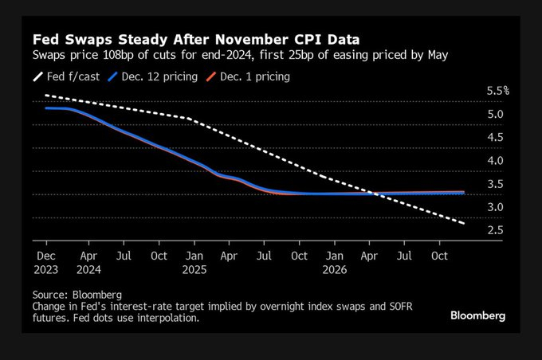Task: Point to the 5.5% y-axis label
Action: pyautogui.click(x=497, y=91)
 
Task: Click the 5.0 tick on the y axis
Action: pyautogui.click(x=495, y=114)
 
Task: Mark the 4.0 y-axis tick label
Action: pyautogui.click(x=495, y=161)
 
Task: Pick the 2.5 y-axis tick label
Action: pyautogui.click(x=495, y=230)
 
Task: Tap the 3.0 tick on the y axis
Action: pyautogui.click(x=495, y=207)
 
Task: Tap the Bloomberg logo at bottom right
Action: pyautogui.click(x=477, y=315)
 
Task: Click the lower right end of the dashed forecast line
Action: pyautogui.click(x=464, y=223)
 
